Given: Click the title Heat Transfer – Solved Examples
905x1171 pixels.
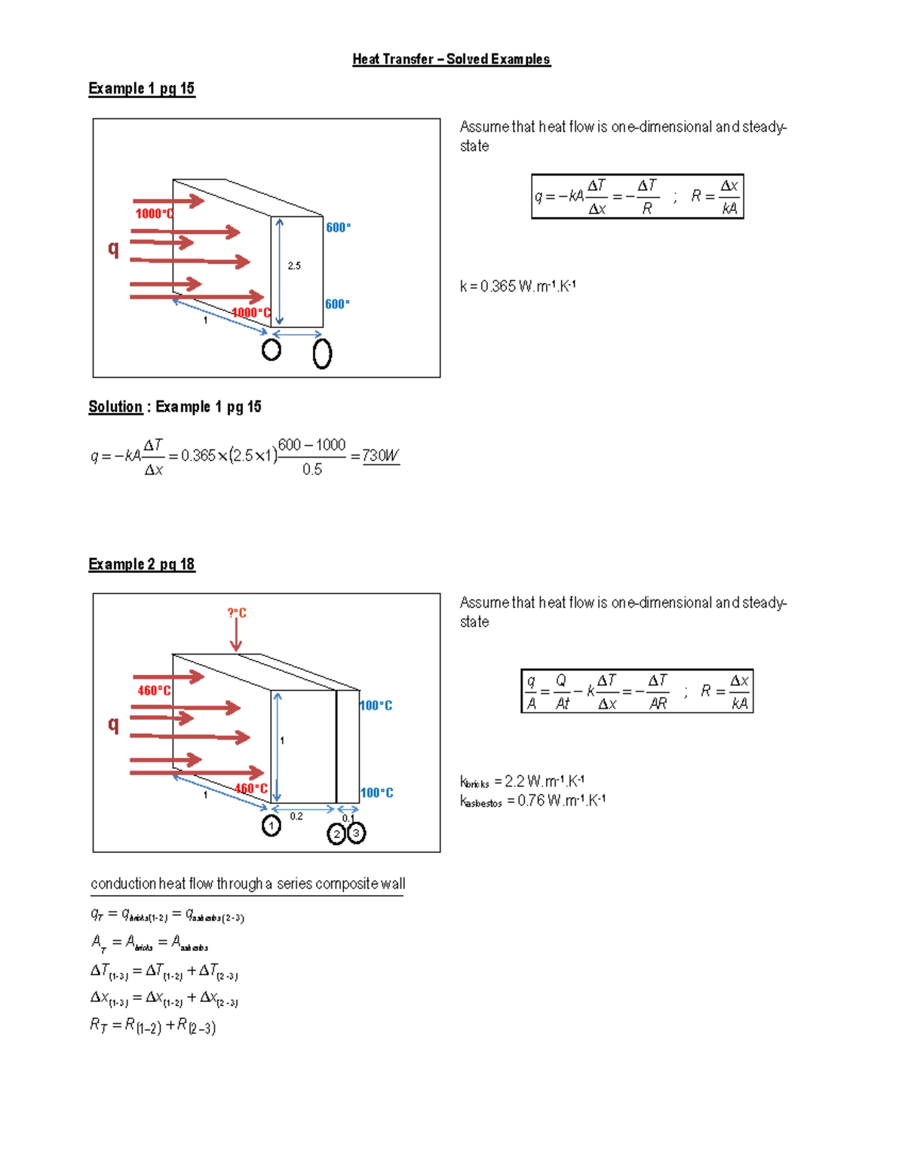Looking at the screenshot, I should coord(451,60).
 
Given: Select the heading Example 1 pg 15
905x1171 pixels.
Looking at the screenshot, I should coord(142,89).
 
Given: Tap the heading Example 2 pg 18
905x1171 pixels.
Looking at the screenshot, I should coord(142,565).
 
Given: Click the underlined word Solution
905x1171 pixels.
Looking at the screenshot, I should coord(115,407).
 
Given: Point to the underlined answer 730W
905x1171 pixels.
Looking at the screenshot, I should coord(381,456).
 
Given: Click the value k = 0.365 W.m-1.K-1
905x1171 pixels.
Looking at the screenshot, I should coord(518,287).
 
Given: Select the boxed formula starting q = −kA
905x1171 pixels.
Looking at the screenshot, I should coord(637,197).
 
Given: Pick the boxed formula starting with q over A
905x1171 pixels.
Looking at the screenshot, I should coord(637,691).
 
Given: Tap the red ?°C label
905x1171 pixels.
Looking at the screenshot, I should coord(237,613).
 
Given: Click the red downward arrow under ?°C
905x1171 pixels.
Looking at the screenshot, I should coord(236,637).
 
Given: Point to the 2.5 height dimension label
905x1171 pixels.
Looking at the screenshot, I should coord(294,266).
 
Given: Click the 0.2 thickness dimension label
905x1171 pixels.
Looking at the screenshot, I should coord(296,817).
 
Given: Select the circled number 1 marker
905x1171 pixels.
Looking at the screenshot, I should coord(271,826).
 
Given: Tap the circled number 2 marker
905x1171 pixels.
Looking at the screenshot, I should coord(336,834).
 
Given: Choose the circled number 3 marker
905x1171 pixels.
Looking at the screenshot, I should coord(356,833).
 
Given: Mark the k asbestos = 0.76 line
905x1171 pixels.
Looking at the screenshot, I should coord(532,801).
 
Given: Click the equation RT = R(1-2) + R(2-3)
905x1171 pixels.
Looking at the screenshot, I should coord(153,1025).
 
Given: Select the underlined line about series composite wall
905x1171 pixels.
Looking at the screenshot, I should coord(247,884).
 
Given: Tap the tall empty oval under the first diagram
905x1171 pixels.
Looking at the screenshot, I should coord(322,353).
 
